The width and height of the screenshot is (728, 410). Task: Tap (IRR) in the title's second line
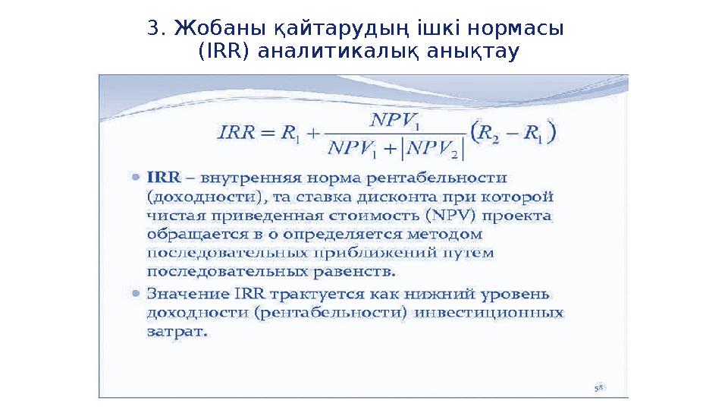point(224,53)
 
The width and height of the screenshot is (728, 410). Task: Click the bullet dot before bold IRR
point(135,178)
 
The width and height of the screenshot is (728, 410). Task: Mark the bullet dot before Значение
point(135,292)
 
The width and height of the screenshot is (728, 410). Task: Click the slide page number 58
point(599,387)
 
